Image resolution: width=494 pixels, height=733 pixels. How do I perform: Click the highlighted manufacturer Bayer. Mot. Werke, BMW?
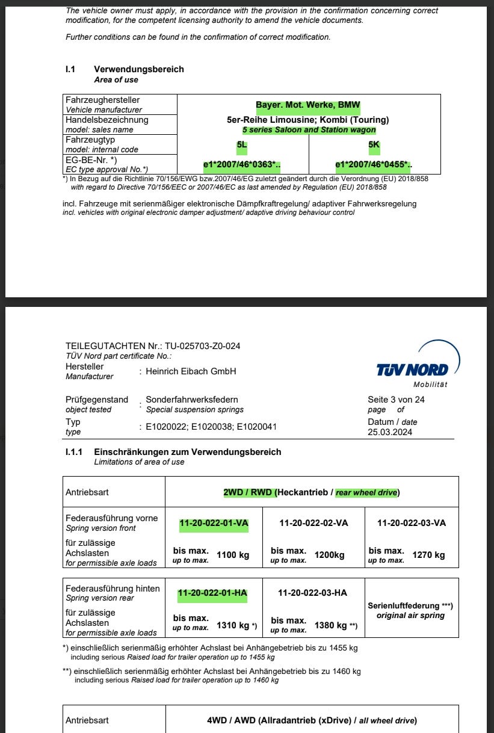pyautogui.click(x=307, y=105)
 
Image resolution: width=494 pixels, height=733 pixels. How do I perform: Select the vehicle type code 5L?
pyautogui.click(x=241, y=144)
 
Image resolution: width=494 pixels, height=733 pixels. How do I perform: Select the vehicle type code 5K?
pyautogui.click(x=374, y=144)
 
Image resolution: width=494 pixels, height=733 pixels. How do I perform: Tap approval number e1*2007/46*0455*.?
pyautogui.click(x=372, y=164)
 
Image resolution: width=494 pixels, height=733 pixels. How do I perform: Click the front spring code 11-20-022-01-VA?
pyautogui.click(x=214, y=523)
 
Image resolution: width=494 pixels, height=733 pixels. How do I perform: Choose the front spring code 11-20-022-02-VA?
pyautogui.click(x=313, y=523)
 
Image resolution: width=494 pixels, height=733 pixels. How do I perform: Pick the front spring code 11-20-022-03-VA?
pyautogui.click(x=412, y=523)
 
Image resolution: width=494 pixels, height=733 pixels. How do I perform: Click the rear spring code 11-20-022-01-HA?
pyautogui.click(x=212, y=593)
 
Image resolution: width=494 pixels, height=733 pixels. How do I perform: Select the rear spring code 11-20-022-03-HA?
pyautogui.click(x=312, y=593)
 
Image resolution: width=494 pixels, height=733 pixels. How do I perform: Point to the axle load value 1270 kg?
pyautogui.click(x=428, y=555)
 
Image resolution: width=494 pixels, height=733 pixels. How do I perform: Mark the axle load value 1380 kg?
pyautogui.click(x=331, y=625)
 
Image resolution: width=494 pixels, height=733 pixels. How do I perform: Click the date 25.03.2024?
pyautogui.click(x=390, y=432)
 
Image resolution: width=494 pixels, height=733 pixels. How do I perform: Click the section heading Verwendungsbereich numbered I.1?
pyautogui.click(x=139, y=69)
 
